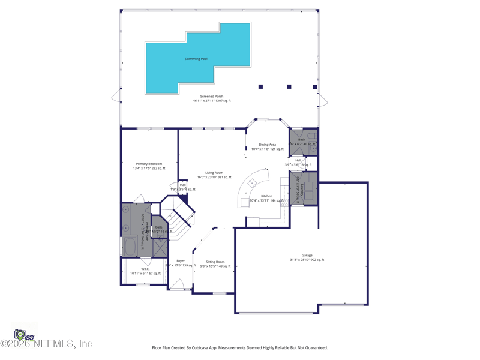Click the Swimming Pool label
196,59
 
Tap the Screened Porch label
211,96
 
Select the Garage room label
307,255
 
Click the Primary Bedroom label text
149,164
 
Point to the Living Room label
214,173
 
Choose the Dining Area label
268,145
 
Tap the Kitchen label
266,196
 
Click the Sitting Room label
215,262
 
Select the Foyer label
181,261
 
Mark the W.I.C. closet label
146,269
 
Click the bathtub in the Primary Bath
129,246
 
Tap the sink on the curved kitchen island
252,182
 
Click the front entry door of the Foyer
176,284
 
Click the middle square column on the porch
289,87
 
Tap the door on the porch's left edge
116,96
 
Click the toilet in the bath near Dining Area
311,137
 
